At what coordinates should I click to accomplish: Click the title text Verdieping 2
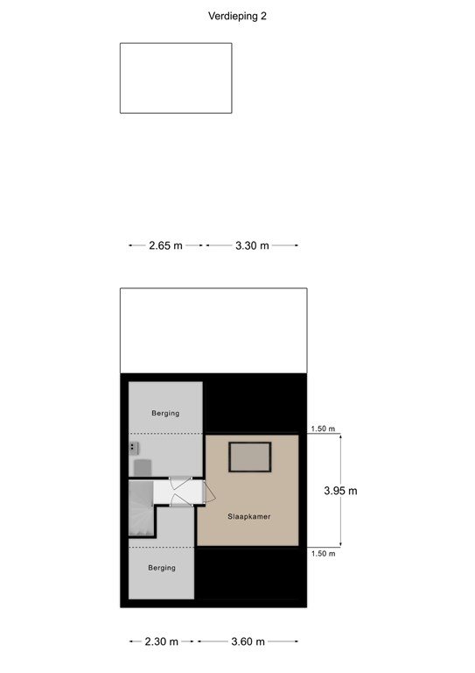click(x=237, y=17)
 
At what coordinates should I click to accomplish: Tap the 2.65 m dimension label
click(x=165, y=245)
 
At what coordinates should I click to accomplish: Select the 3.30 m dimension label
click(x=252, y=245)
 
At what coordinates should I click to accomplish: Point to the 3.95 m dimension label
click(x=340, y=491)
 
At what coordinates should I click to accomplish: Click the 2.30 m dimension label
click(x=161, y=641)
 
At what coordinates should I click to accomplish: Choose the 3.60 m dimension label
click(x=248, y=641)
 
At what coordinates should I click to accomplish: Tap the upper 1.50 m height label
click(x=323, y=429)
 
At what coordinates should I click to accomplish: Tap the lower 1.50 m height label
click(x=323, y=554)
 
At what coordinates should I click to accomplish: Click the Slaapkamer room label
click(x=248, y=517)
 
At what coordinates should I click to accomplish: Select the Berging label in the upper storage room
click(x=165, y=414)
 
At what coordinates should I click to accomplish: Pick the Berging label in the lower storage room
click(x=162, y=568)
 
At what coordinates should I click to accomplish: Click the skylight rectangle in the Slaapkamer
click(x=250, y=457)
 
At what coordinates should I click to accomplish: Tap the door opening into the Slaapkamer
click(x=209, y=492)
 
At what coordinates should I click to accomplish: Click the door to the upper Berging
click(x=181, y=484)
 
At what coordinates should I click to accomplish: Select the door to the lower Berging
click(x=181, y=500)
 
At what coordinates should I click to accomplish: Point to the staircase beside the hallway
click(x=141, y=508)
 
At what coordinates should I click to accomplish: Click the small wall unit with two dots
click(x=133, y=448)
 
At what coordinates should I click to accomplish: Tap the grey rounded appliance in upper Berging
click(x=143, y=468)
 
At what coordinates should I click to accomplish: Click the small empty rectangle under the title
click(x=176, y=78)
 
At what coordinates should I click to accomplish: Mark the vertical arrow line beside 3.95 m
click(x=341, y=491)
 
